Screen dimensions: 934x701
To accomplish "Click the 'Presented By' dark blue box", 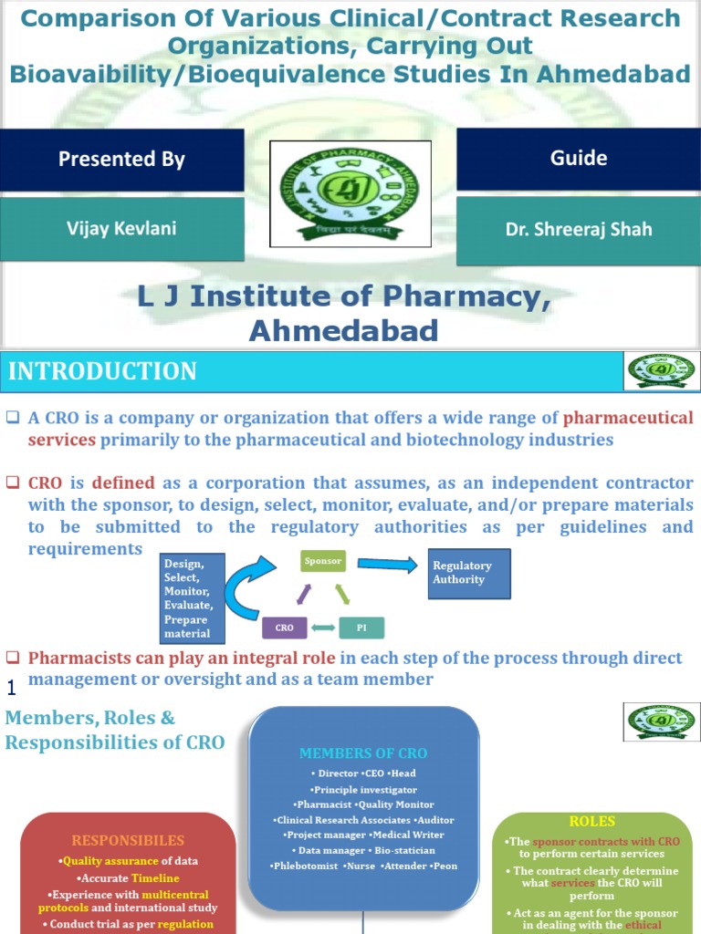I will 121,160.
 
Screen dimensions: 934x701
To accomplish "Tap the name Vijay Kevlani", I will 121,229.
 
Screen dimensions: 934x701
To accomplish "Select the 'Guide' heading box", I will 578,159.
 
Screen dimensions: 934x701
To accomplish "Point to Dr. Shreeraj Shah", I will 578,229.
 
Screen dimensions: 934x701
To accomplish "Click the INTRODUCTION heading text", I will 102,371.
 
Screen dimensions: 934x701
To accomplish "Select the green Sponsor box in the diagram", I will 323,561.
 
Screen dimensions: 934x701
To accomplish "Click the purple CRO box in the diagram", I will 284,628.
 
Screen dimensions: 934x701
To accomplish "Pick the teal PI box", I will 361,628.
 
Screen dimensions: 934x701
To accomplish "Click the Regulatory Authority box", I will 469,573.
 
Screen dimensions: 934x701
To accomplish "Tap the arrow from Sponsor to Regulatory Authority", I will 387,564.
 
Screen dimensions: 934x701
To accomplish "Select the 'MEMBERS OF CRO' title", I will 363,753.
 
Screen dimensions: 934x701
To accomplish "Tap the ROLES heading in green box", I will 591,821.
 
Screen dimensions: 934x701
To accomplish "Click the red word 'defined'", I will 123,483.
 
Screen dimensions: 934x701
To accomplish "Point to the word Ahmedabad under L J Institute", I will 344,329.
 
